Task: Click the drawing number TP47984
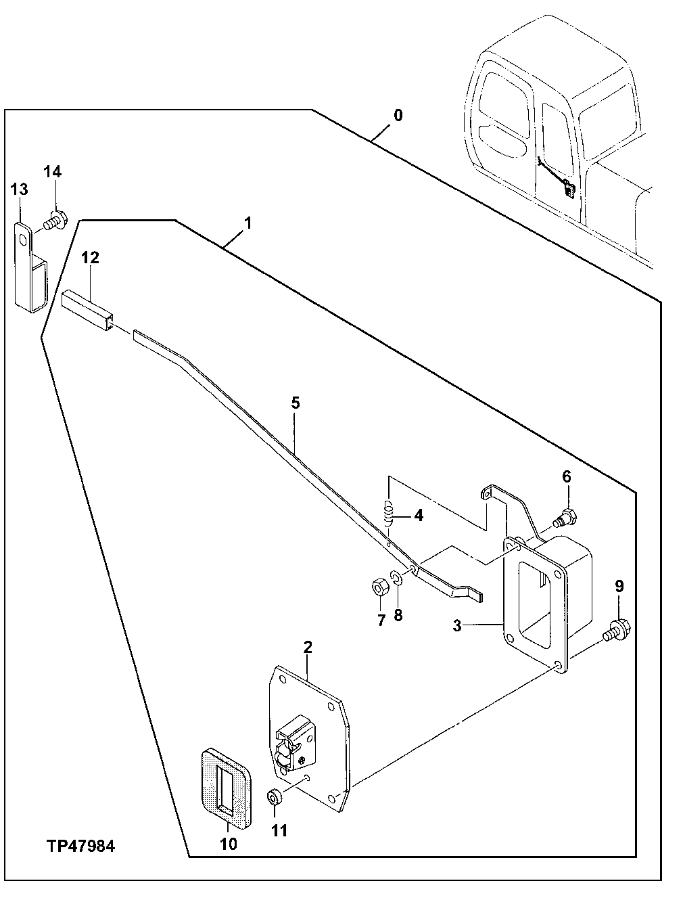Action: (x=80, y=846)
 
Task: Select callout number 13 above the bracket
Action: (x=19, y=189)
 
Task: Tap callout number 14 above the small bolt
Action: (x=53, y=172)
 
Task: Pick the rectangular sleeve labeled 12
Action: (x=88, y=309)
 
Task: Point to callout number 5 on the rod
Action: (x=295, y=403)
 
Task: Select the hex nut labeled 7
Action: (x=379, y=586)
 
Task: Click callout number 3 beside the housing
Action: (x=457, y=626)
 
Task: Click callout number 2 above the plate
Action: (x=308, y=646)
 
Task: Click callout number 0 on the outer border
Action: (x=398, y=115)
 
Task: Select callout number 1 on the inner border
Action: (x=248, y=223)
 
